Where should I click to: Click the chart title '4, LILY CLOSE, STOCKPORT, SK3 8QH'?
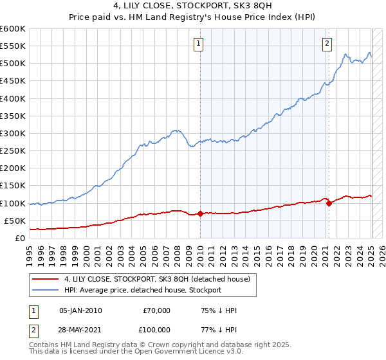193,6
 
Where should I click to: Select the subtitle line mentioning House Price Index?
193,17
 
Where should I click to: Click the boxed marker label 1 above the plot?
200,44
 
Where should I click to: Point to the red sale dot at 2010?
200,214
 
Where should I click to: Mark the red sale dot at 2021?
329,203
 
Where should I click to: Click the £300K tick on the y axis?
13,133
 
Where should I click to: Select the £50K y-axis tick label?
15,221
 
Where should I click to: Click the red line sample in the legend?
45,279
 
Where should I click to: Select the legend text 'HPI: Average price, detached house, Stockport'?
143,290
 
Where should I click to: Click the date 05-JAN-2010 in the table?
80,310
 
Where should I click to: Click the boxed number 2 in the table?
32,329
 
